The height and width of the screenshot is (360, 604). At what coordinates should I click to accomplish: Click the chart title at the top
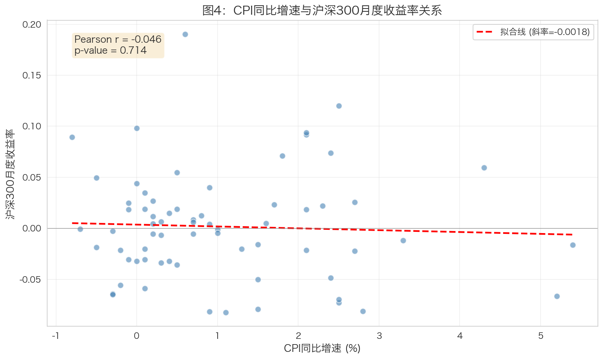322,10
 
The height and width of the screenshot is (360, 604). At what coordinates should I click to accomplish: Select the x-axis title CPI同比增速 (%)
322,348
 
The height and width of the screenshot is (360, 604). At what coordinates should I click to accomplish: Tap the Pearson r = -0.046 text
118,39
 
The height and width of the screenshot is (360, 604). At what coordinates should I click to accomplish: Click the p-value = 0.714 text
110,50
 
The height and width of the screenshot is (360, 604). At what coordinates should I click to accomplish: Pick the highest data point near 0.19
185,34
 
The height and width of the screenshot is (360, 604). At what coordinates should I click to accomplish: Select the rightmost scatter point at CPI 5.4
573,245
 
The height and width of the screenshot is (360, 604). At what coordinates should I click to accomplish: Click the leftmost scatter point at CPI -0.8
72,137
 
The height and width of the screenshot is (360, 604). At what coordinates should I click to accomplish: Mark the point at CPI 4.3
484,168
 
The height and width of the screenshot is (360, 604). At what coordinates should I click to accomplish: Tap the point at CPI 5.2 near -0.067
557,296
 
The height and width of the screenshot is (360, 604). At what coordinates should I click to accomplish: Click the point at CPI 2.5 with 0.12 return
339,106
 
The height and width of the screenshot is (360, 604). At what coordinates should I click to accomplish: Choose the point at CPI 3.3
403,240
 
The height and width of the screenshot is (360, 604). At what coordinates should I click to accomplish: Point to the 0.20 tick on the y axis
32,24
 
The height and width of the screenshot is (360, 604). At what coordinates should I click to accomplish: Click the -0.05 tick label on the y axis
31,279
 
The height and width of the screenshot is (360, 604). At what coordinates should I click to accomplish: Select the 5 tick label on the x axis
541,336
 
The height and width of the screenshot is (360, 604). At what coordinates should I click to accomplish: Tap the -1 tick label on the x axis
56,336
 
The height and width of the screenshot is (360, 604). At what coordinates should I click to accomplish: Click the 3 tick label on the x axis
379,336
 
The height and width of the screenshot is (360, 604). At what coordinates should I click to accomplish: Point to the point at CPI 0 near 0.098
137,128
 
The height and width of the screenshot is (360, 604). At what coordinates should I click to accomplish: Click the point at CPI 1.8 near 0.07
282,156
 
